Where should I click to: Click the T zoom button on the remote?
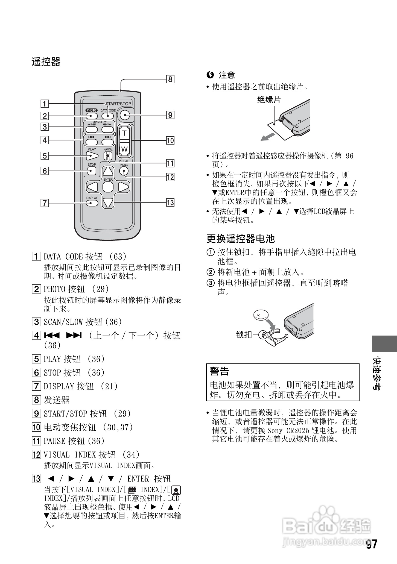(124, 133)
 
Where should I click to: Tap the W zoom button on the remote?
(124, 149)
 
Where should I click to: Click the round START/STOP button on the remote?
(125, 115)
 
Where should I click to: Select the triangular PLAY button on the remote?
(92, 156)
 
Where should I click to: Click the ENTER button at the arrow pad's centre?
(108, 187)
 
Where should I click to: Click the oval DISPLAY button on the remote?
(92, 203)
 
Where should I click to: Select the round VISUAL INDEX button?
(124, 171)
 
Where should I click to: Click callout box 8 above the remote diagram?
(170, 79)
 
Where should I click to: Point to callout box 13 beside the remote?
(170, 202)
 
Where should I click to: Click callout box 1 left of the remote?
(45, 104)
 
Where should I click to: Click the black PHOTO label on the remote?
(91, 110)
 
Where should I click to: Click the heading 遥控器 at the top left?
(46, 62)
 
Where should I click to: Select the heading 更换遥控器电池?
(240, 239)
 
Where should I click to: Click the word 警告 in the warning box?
(219, 371)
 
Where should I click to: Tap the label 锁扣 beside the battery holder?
(244, 334)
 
